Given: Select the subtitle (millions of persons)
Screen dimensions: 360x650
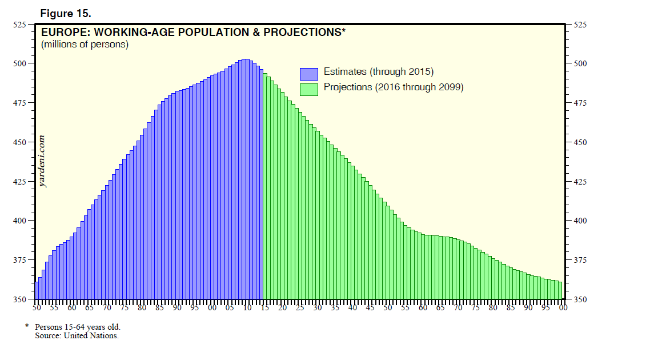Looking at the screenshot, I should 85,45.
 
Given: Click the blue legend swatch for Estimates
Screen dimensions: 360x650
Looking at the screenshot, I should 308,73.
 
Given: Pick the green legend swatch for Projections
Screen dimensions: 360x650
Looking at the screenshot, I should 308,89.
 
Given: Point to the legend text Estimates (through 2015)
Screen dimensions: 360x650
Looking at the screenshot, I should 379,72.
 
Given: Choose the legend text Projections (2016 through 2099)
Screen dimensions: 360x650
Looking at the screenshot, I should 393,87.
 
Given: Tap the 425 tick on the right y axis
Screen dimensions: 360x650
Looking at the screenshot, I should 578,182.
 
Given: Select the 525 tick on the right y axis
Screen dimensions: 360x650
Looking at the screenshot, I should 578,25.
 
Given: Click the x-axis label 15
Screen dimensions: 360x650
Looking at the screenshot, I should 265,308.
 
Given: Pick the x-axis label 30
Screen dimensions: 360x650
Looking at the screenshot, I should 318,308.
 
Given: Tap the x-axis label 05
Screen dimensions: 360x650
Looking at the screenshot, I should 230,308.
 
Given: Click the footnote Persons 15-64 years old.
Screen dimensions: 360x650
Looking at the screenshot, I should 78,327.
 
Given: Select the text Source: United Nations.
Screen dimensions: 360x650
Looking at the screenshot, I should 77,335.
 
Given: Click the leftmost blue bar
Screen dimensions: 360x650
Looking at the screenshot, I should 37,290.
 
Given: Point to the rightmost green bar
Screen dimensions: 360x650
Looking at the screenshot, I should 561,290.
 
